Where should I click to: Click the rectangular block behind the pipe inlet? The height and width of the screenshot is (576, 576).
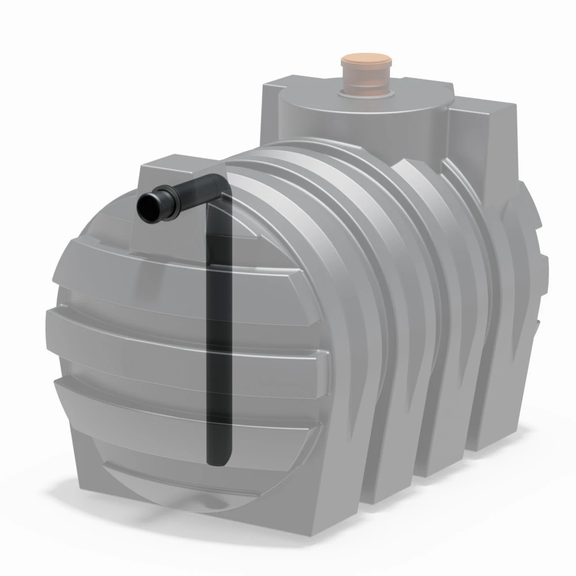click(x=173, y=173)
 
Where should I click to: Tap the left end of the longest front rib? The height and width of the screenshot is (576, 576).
click(x=52, y=323)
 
